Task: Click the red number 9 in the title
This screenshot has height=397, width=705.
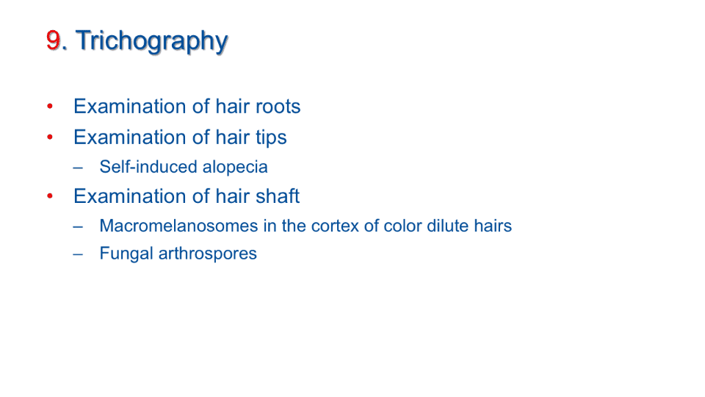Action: (54, 40)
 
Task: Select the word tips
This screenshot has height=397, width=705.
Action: (271, 137)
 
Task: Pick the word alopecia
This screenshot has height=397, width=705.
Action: (235, 168)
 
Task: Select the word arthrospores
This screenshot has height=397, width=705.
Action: (208, 254)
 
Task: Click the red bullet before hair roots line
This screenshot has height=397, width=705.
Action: (50, 106)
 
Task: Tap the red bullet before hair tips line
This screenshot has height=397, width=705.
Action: (50, 137)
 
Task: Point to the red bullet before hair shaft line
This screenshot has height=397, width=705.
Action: (50, 196)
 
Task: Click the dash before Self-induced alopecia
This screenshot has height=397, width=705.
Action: (78, 168)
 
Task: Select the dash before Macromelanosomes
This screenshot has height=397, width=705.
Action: (78, 227)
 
